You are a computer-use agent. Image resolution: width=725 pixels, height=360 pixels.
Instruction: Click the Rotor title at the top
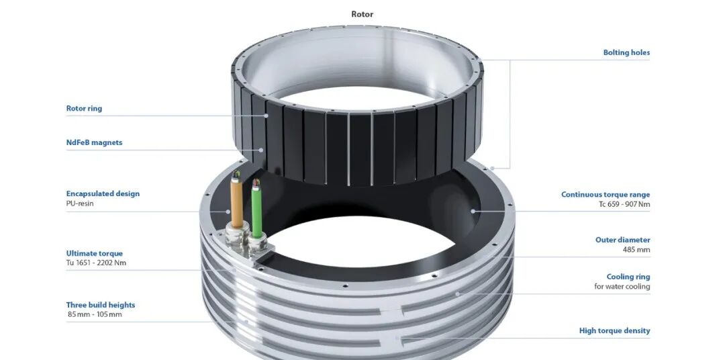click(x=362, y=14)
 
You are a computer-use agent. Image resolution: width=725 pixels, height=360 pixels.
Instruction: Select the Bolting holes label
click(x=626, y=53)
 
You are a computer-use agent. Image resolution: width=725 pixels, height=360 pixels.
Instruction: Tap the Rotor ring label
click(x=84, y=109)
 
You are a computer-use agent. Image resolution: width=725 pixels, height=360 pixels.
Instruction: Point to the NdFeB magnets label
click(x=95, y=142)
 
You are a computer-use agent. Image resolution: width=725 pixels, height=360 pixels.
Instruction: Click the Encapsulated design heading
click(x=103, y=193)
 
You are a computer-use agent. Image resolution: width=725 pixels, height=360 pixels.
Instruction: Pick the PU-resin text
click(x=80, y=203)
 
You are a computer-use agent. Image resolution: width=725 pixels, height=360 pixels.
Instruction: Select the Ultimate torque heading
click(x=95, y=253)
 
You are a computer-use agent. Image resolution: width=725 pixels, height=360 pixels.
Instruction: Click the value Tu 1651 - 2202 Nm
click(x=96, y=263)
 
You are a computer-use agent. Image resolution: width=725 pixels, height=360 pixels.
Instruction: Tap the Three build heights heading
click(x=101, y=305)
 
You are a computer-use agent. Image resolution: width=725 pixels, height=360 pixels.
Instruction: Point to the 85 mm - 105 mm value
click(x=95, y=314)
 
